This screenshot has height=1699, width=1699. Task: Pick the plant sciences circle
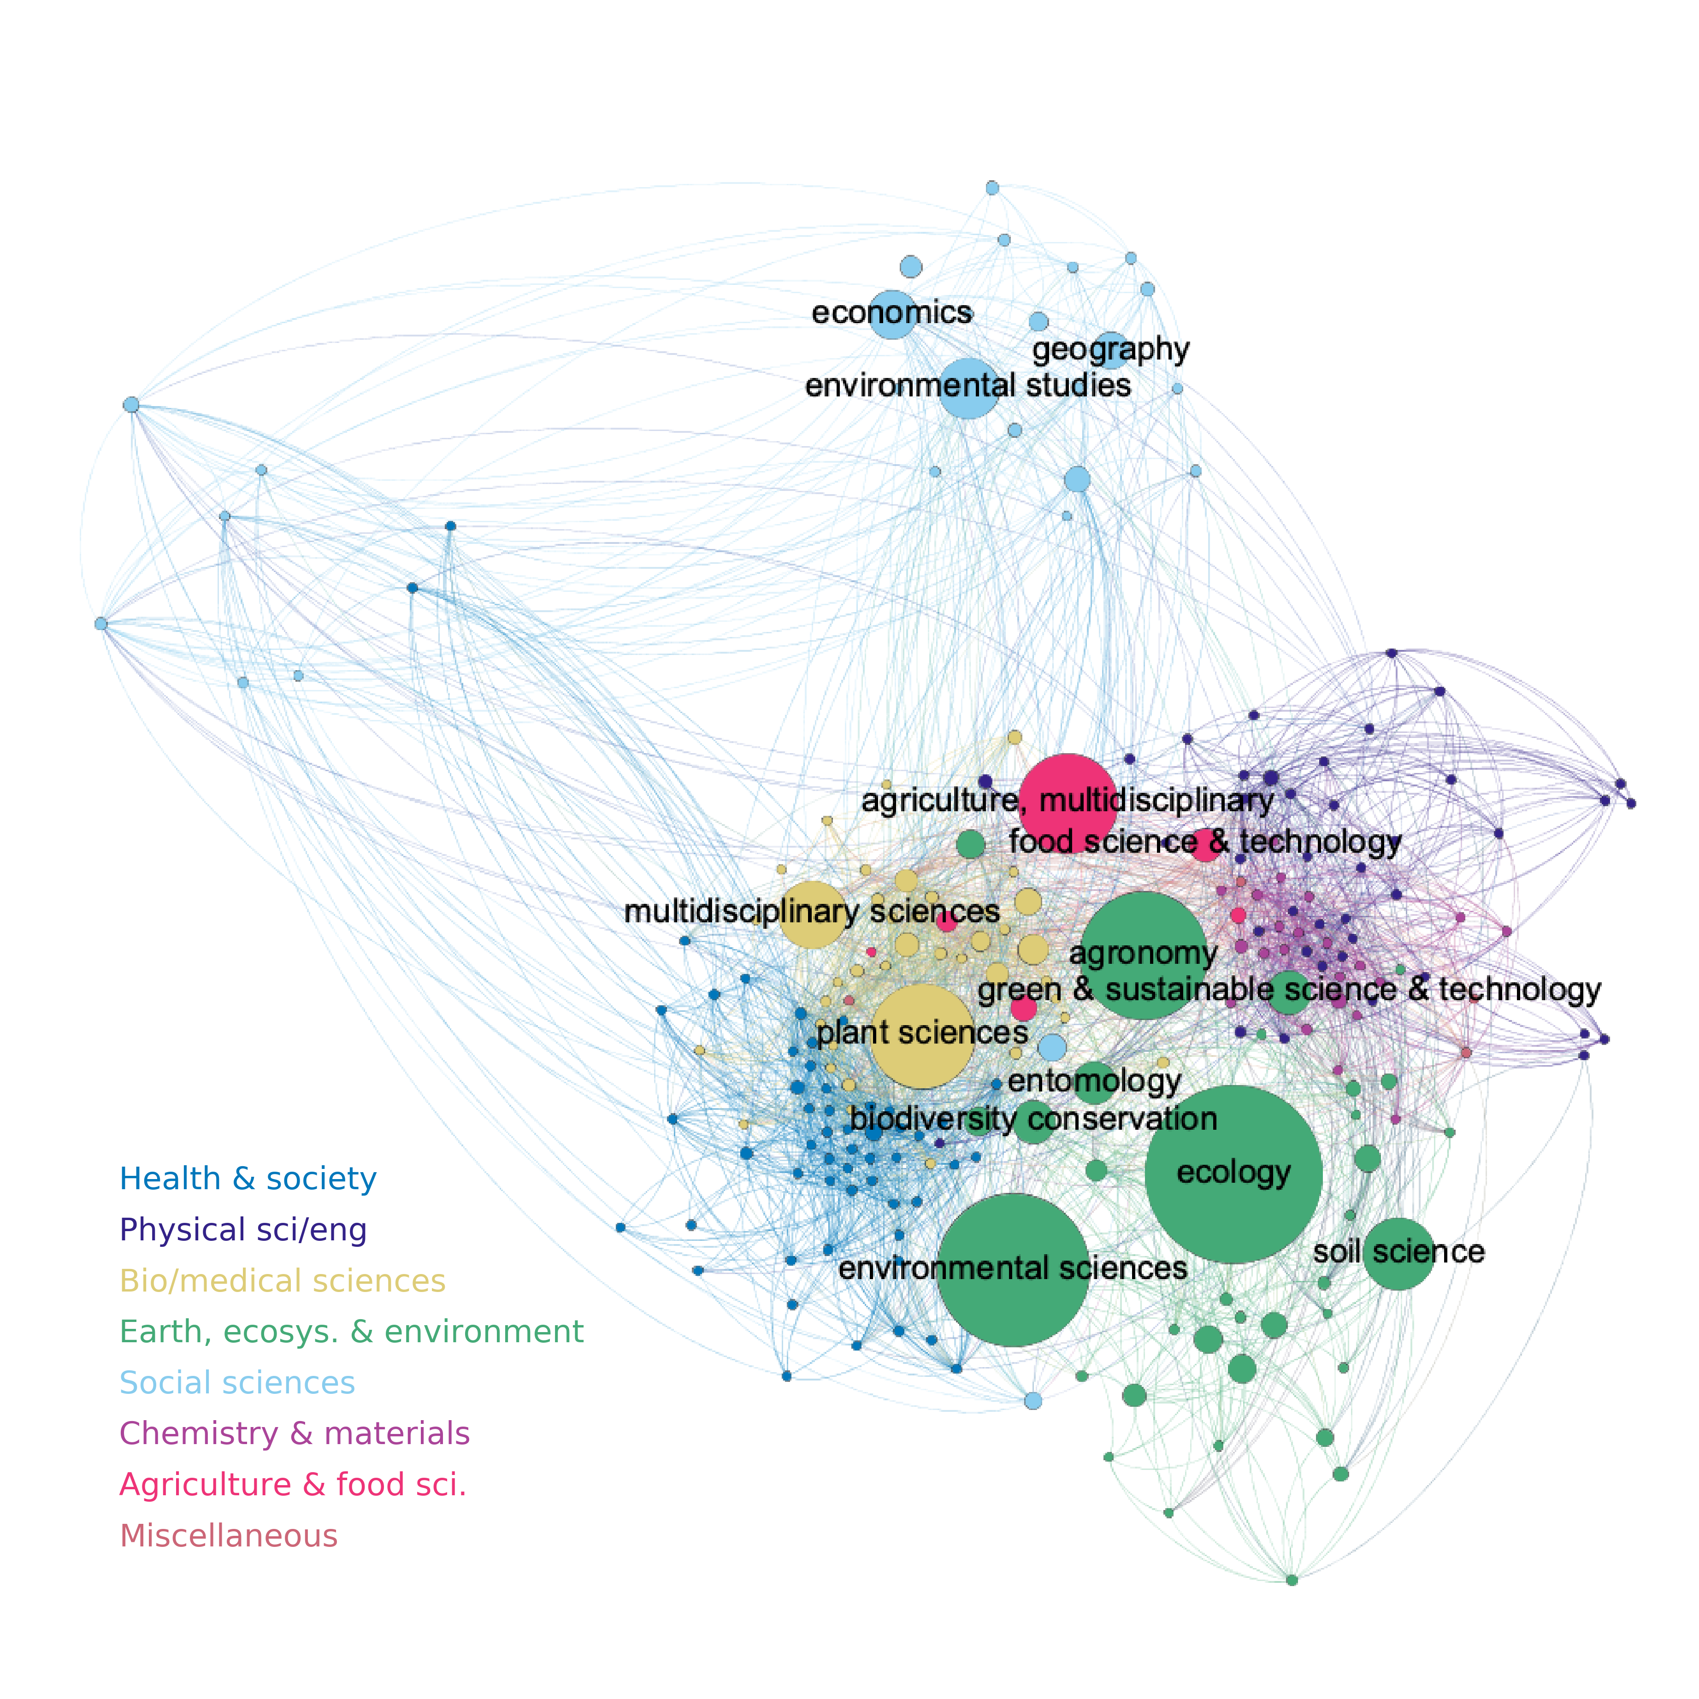[x=921, y=1035]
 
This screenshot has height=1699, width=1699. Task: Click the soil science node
[x=1398, y=1253]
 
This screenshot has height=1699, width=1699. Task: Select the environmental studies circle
[x=968, y=387]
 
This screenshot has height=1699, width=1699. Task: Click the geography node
[x=1112, y=350]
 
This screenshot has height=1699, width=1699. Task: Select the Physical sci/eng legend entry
[x=243, y=1229]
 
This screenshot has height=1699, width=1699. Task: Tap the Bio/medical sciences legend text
[x=282, y=1280]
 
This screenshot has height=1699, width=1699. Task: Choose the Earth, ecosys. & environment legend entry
[x=351, y=1332]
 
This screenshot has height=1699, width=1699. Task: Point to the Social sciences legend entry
[x=236, y=1382]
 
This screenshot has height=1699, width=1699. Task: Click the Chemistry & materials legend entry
[x=295, y=1434]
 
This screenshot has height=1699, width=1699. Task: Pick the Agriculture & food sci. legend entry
[x=293, y=1484]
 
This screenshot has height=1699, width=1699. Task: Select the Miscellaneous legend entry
[x=229, y=1535]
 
